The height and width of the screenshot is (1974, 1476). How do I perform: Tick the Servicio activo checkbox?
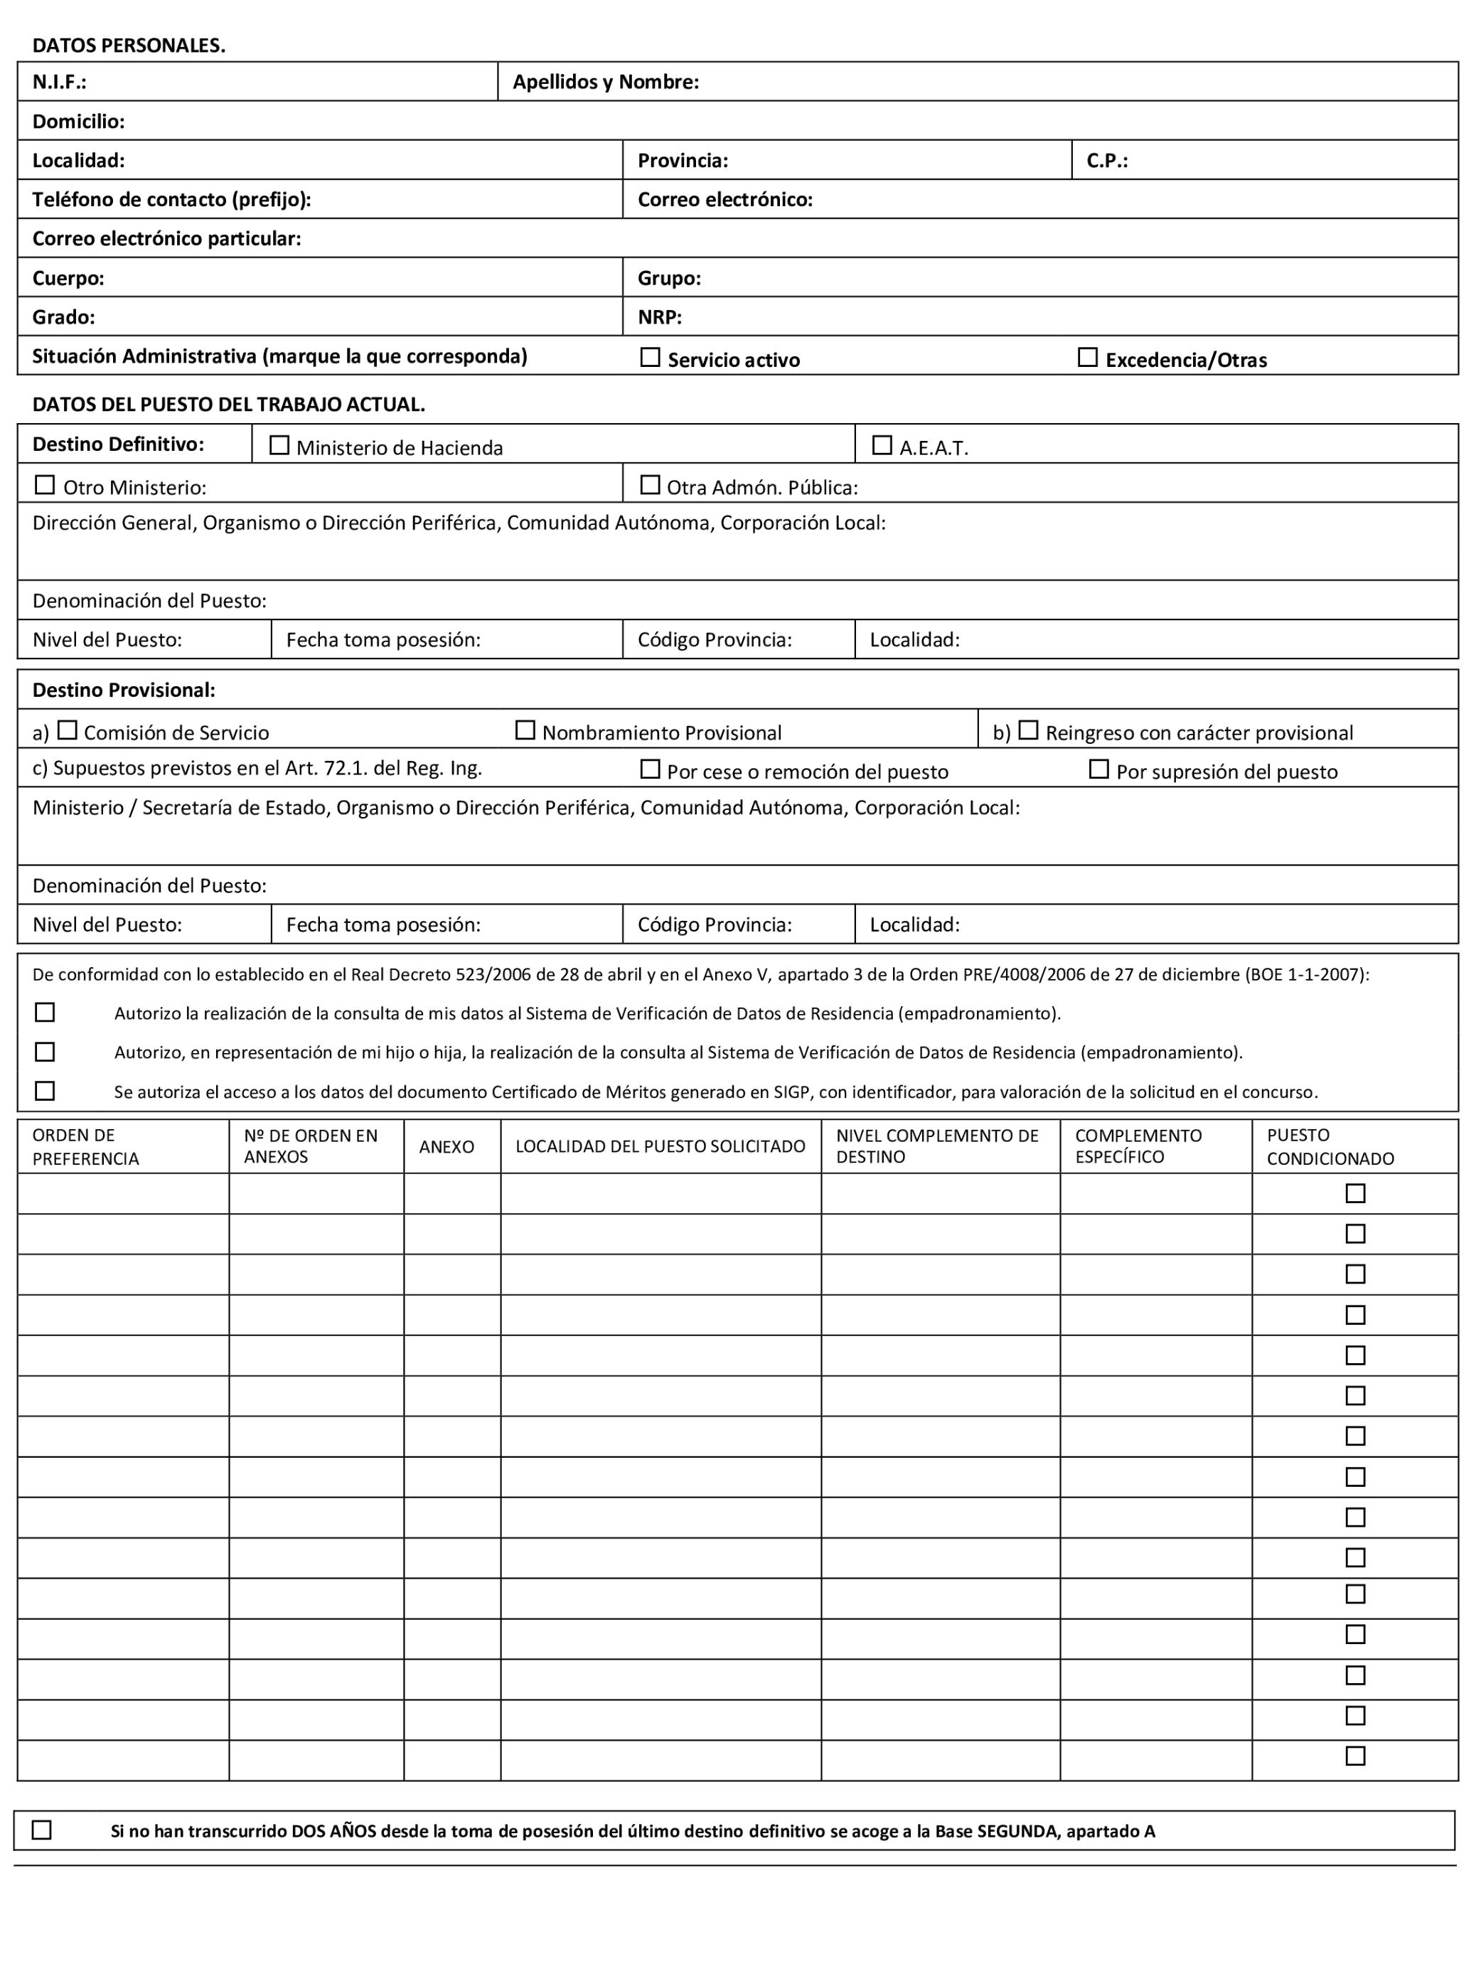(650, 357)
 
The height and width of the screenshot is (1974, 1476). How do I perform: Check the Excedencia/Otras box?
(1087, 357)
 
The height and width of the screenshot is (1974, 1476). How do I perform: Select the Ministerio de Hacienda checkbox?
(279, 444)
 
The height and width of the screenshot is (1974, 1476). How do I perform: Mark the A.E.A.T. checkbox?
(882, 444)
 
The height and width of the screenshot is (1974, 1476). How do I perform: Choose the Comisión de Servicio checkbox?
(67, 730)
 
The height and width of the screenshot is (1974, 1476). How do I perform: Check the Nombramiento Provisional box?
(525, 730)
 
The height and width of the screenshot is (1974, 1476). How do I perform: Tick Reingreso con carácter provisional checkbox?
(1028, 730)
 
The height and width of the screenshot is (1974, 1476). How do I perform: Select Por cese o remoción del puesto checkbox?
(650, 769)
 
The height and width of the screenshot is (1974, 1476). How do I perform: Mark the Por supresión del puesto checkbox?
(1098, 769)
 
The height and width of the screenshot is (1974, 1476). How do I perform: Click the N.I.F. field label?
(59, 82)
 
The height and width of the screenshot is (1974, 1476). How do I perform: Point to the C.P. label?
(1106, 161)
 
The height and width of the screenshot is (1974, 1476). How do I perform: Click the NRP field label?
(660, 317)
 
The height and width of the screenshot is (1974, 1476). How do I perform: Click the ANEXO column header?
(446, 1147)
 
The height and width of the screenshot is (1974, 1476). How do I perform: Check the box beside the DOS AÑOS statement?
(42, 1830)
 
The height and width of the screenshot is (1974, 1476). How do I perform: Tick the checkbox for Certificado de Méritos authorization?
(45, 1091)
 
